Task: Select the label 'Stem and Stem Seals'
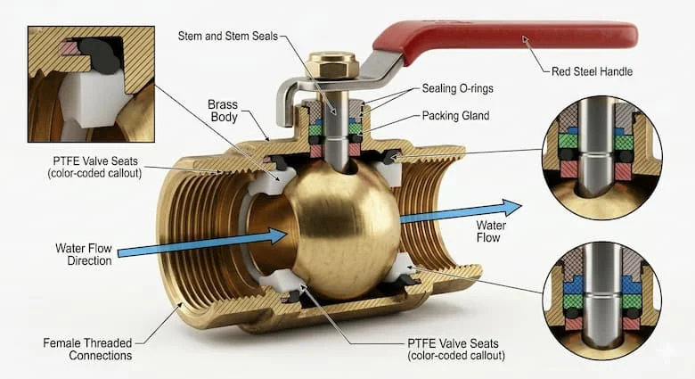click(228, 36)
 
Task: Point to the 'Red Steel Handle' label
click(592, 71)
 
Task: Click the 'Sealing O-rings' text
click(457, 88)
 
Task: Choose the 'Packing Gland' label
click(455, 116)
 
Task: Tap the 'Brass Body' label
click(223, 111)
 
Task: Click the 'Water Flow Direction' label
click(84, 254)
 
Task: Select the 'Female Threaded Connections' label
click(87, 350)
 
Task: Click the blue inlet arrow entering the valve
click(202, 243)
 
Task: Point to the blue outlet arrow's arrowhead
click(511, 208)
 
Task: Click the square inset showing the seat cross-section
click(91, 84)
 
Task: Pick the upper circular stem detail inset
click(602, 157)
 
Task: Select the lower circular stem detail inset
click(602, 300)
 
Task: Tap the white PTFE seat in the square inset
click(88, 100)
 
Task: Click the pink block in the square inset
click(69, 48)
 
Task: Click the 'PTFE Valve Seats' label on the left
click(94, 167)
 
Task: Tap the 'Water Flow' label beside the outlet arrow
click(491, 231)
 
